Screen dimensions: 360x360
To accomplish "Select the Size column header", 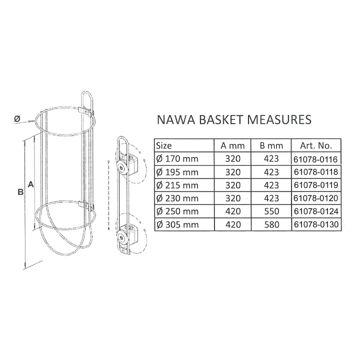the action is pos(163,145).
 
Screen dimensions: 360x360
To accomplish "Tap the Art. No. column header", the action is pos(316,145).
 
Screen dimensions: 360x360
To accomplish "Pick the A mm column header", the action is pos(232,145).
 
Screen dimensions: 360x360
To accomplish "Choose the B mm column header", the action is pos(271,145).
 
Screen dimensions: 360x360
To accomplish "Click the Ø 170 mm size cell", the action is pos(177,158).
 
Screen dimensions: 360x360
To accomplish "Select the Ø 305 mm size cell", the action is pos(177,224).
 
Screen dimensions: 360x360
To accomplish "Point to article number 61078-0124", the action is pos(316,211).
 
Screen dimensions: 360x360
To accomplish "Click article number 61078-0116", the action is pos(316,159).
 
